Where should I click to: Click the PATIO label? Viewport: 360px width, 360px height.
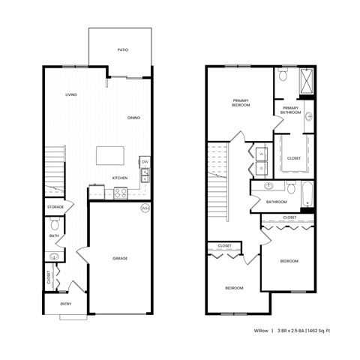click(x=122, y=50)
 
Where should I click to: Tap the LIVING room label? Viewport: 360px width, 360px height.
click(x=71, y=95)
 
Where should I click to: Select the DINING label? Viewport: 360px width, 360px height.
click(x=133, y=118)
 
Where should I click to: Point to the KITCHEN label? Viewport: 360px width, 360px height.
click(x=120, y=178)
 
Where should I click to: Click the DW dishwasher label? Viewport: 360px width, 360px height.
click(x=145, y=163)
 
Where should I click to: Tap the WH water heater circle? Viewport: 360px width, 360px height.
click(x=145, y=208)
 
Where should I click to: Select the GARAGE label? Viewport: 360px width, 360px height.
click(x=120, y=258)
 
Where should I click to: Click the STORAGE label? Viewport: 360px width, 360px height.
click(x=55, y=206)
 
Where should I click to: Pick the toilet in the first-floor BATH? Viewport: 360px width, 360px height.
click(x=54, y=223)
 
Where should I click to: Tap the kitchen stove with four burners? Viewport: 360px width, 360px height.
click(x=120, y=193)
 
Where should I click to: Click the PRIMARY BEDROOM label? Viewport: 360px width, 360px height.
click(x=241, y=103)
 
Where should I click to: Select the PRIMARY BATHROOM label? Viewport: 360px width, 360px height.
click(x=291, y=110)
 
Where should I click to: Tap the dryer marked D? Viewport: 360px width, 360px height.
click(x=261, y=169)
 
